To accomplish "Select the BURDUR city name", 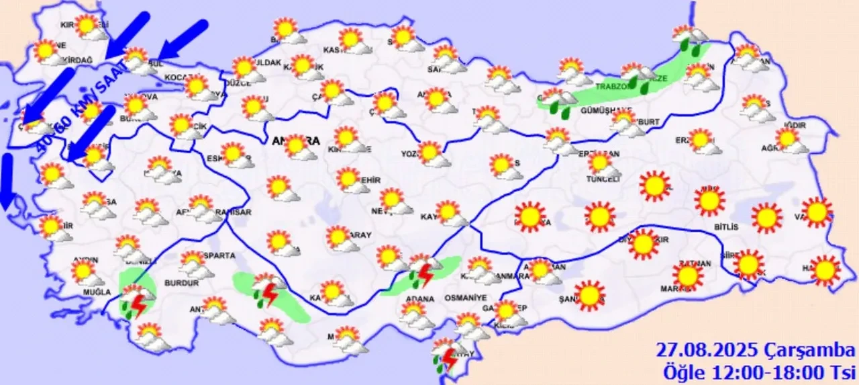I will point(181,284).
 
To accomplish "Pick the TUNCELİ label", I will point(602,179).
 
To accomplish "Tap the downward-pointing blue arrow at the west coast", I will point(7,181).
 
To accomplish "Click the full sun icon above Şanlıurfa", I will point(590,295).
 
